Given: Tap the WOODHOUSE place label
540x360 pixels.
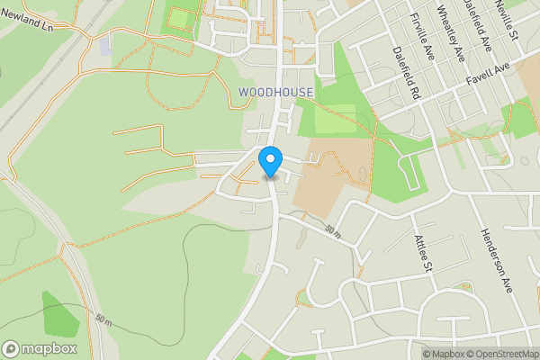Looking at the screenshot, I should point(276,92).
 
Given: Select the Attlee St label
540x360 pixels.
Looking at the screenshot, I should point(422,250).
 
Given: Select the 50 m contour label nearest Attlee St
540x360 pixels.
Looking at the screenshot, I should point(334,230).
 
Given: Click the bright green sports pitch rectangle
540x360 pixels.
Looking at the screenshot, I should point(181,17).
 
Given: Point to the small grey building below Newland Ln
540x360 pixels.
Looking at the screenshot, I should point(106,45).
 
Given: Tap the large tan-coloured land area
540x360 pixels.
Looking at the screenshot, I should point(338,175).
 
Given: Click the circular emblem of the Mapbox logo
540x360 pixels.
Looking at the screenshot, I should point(11,348).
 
